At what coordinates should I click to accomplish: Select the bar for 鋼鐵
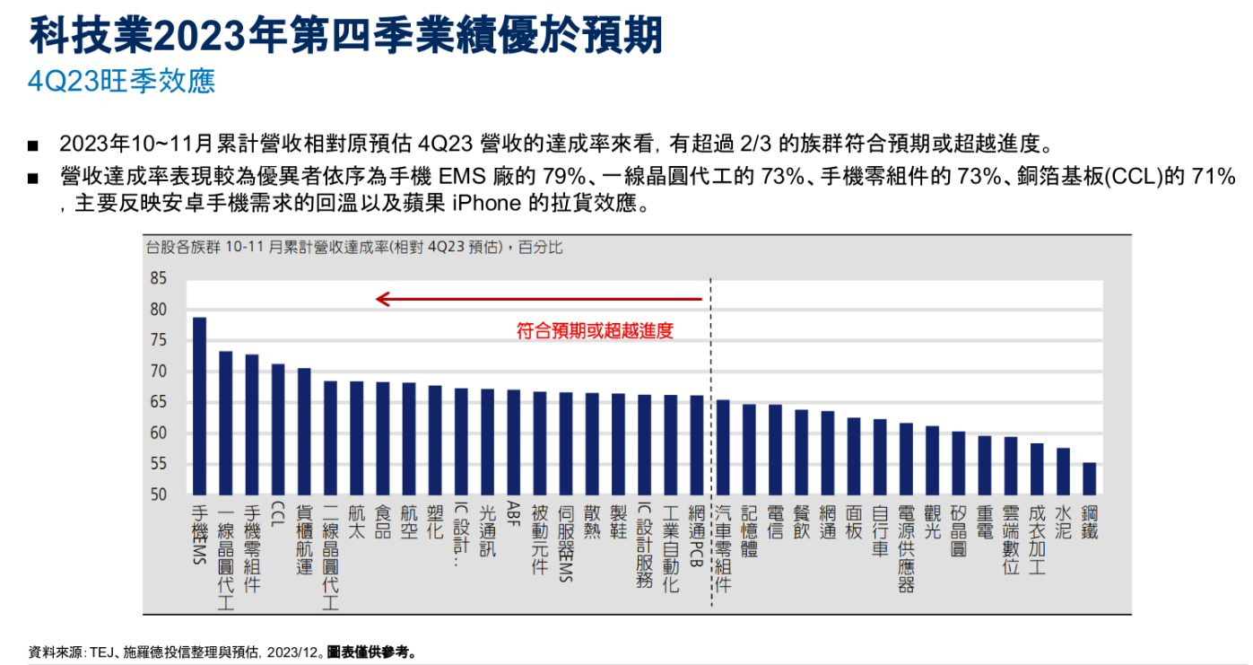pyautogui.click(x=1089, y=478)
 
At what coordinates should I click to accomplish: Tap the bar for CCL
pyautogui.click(x=278, y=429)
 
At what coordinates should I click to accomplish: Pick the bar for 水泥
pyautogui.click(x=1063, y=471)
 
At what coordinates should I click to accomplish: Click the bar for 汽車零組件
pyautogui.click(x=723, y=447)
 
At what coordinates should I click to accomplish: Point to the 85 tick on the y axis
pyautogui.click(x=159, y=279)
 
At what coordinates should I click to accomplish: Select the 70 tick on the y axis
pyautogui.click(x=159, y=372)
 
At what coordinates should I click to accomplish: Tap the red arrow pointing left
pyautogui.click(x=538, y=299)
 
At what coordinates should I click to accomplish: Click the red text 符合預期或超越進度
pyautogui.click(x=595, y=330)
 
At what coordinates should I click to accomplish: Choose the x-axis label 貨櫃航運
pyautogui.click(x=304, y=538)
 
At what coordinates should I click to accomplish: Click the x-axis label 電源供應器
pyautogui.click(x=906, y=547)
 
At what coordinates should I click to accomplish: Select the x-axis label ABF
pyautogui.click(x=514, y=518)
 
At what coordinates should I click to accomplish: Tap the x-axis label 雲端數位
pyautogui.click(x=1011, y=538)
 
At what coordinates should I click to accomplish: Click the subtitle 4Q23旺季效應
pyautogui.click(x=121, y=81)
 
